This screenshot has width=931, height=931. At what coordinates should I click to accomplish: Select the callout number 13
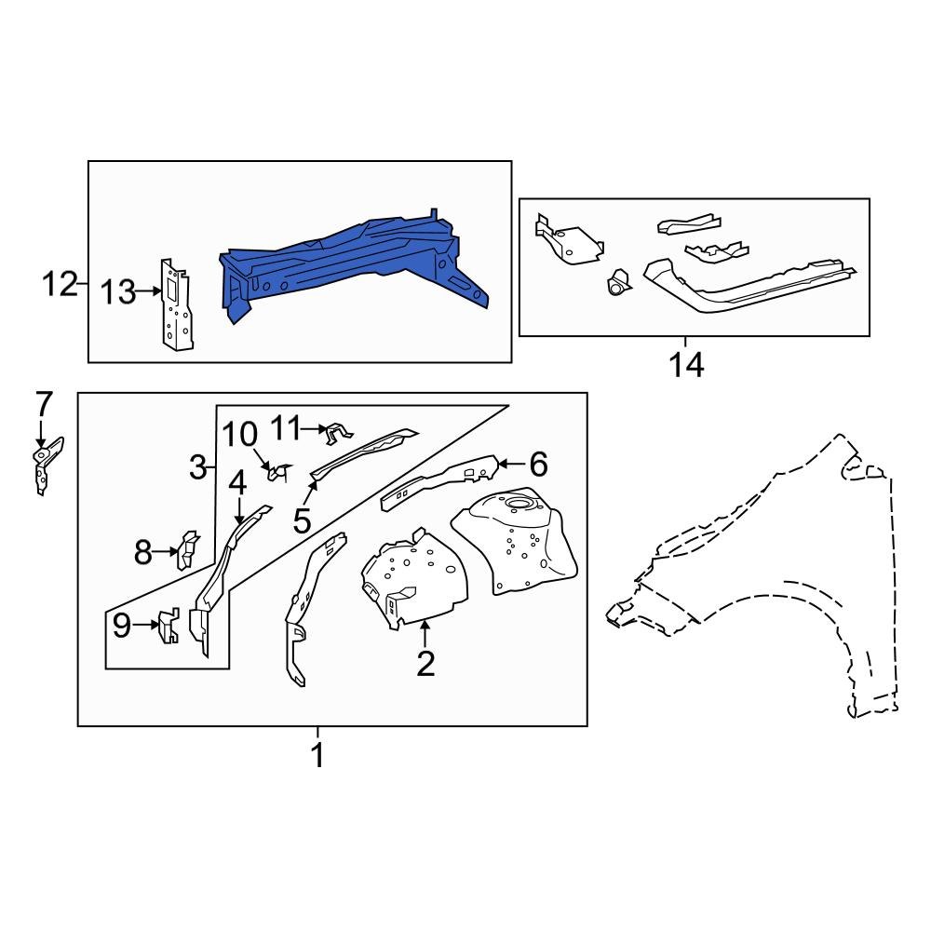click(118, 292)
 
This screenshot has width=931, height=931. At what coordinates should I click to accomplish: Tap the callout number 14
click(686, 364)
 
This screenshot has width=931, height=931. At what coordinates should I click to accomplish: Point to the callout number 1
click(317, 755)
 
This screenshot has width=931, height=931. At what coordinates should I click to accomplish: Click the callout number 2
click(425, 664)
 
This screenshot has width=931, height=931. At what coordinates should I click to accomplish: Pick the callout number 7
click(43, 406)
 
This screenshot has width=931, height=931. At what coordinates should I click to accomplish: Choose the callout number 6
click(538, 463)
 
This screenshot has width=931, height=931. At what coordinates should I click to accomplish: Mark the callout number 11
click(287, 427)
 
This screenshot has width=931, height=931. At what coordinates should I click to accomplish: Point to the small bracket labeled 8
click(187, 548)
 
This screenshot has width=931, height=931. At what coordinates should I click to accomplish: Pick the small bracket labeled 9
click(167, 626)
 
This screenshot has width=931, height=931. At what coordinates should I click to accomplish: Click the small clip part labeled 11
click(336, 431)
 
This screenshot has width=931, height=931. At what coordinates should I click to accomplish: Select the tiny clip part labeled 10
click(275, 474)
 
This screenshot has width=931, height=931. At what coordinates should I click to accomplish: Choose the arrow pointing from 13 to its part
click(149, 292)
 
